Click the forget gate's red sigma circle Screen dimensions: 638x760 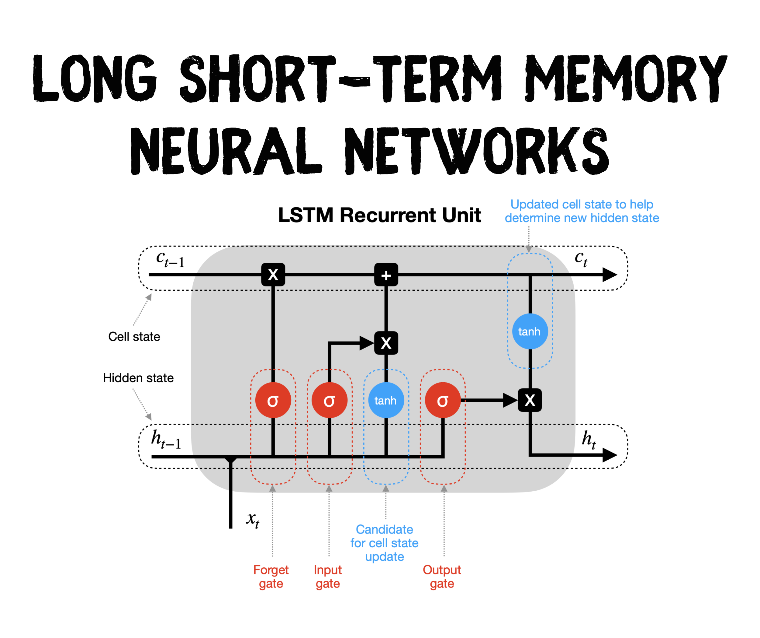(x=273, y=400)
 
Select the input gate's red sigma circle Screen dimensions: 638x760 (x=329, y=400)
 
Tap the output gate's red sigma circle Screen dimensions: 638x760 (x=443, y=400)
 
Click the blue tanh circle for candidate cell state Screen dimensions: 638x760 (x=386, y=400)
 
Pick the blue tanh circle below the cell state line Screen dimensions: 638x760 (x=530, y=331)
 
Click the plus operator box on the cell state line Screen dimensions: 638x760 (x=386, y=275)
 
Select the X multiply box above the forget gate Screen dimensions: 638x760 (x=273, y=275)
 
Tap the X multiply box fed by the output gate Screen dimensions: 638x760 (x=530, y=400)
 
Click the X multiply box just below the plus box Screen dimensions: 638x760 (x=386, y=343)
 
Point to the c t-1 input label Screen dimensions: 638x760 (x=170, y=259)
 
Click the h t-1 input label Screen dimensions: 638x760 (x=166, y=439)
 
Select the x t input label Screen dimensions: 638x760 (x=253, y=520)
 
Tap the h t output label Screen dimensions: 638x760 (x=589, y=439)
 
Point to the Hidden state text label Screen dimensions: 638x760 (x=138, y=378)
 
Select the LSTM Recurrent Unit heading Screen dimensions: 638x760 (x=379, y=215)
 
